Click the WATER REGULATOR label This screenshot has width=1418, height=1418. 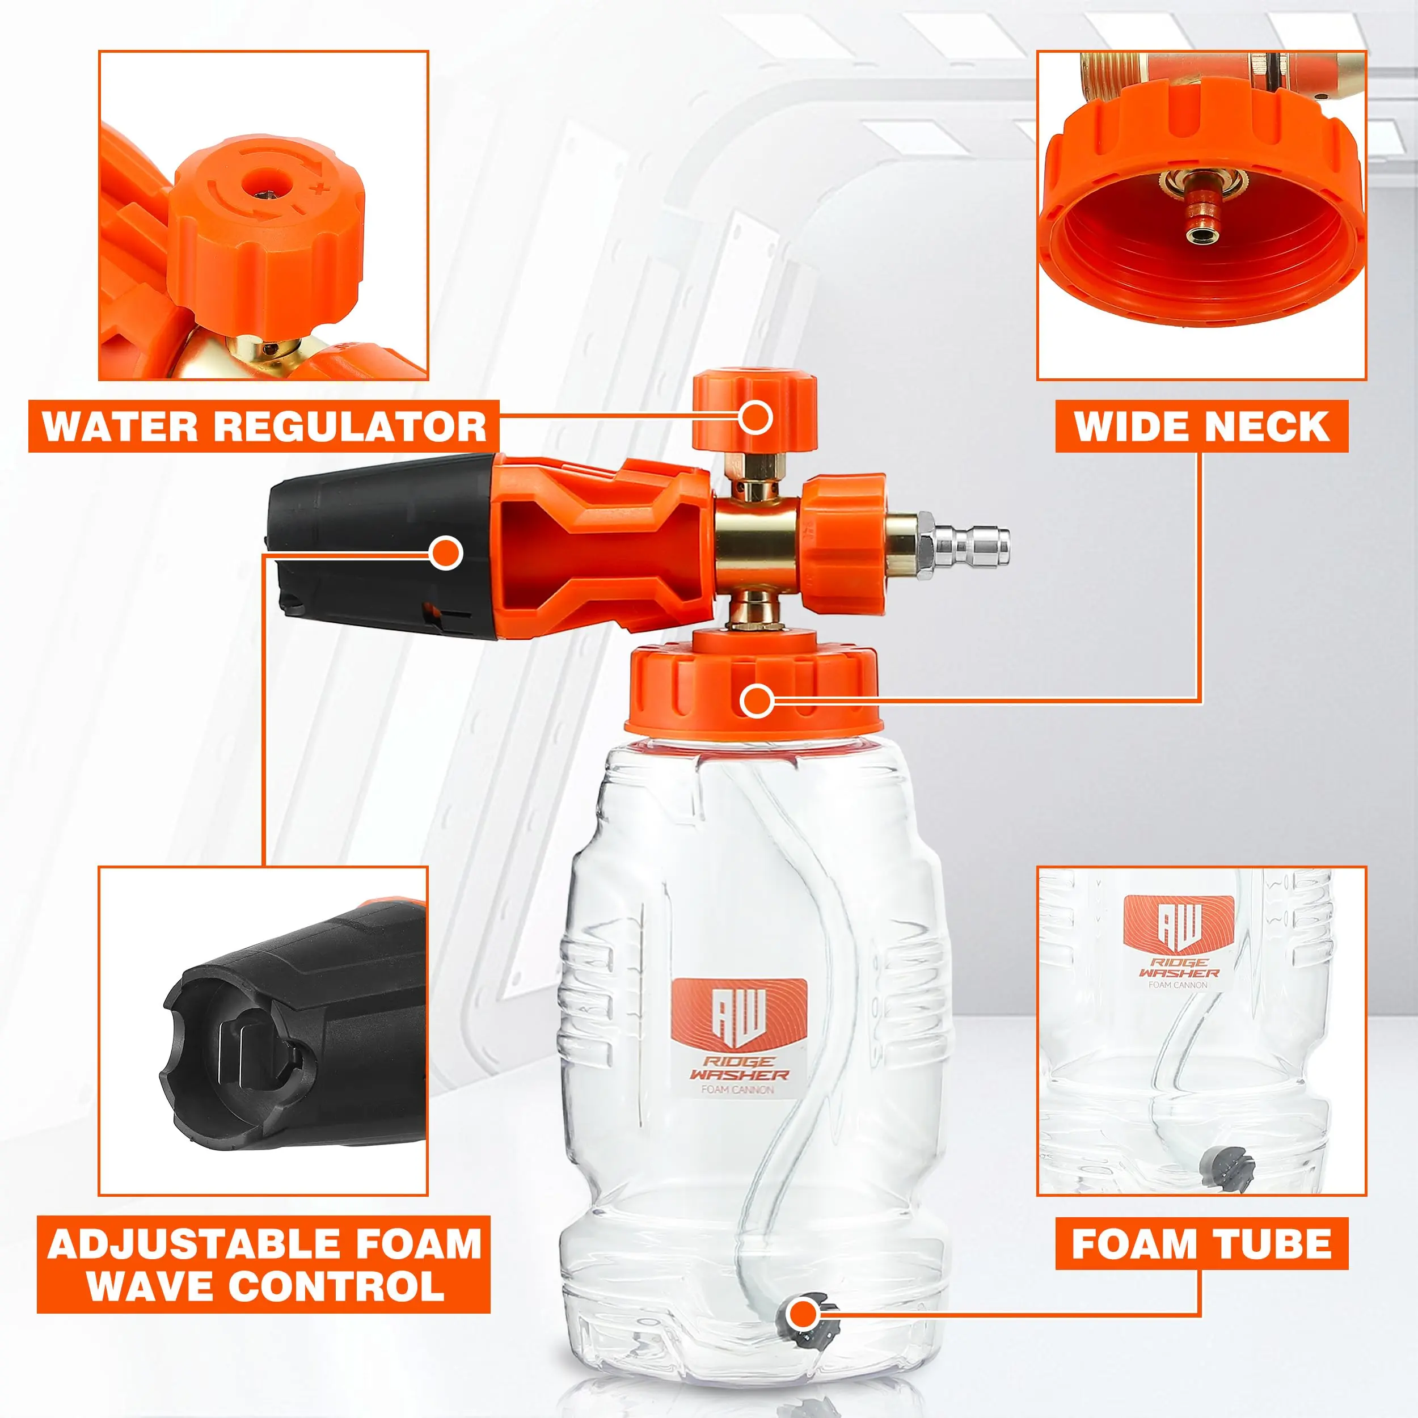pos(264,427)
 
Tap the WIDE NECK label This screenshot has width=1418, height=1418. pos(1201,427)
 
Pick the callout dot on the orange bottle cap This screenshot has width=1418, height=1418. pos(756,701)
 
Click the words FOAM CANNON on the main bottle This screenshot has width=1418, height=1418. pos(737,1089)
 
